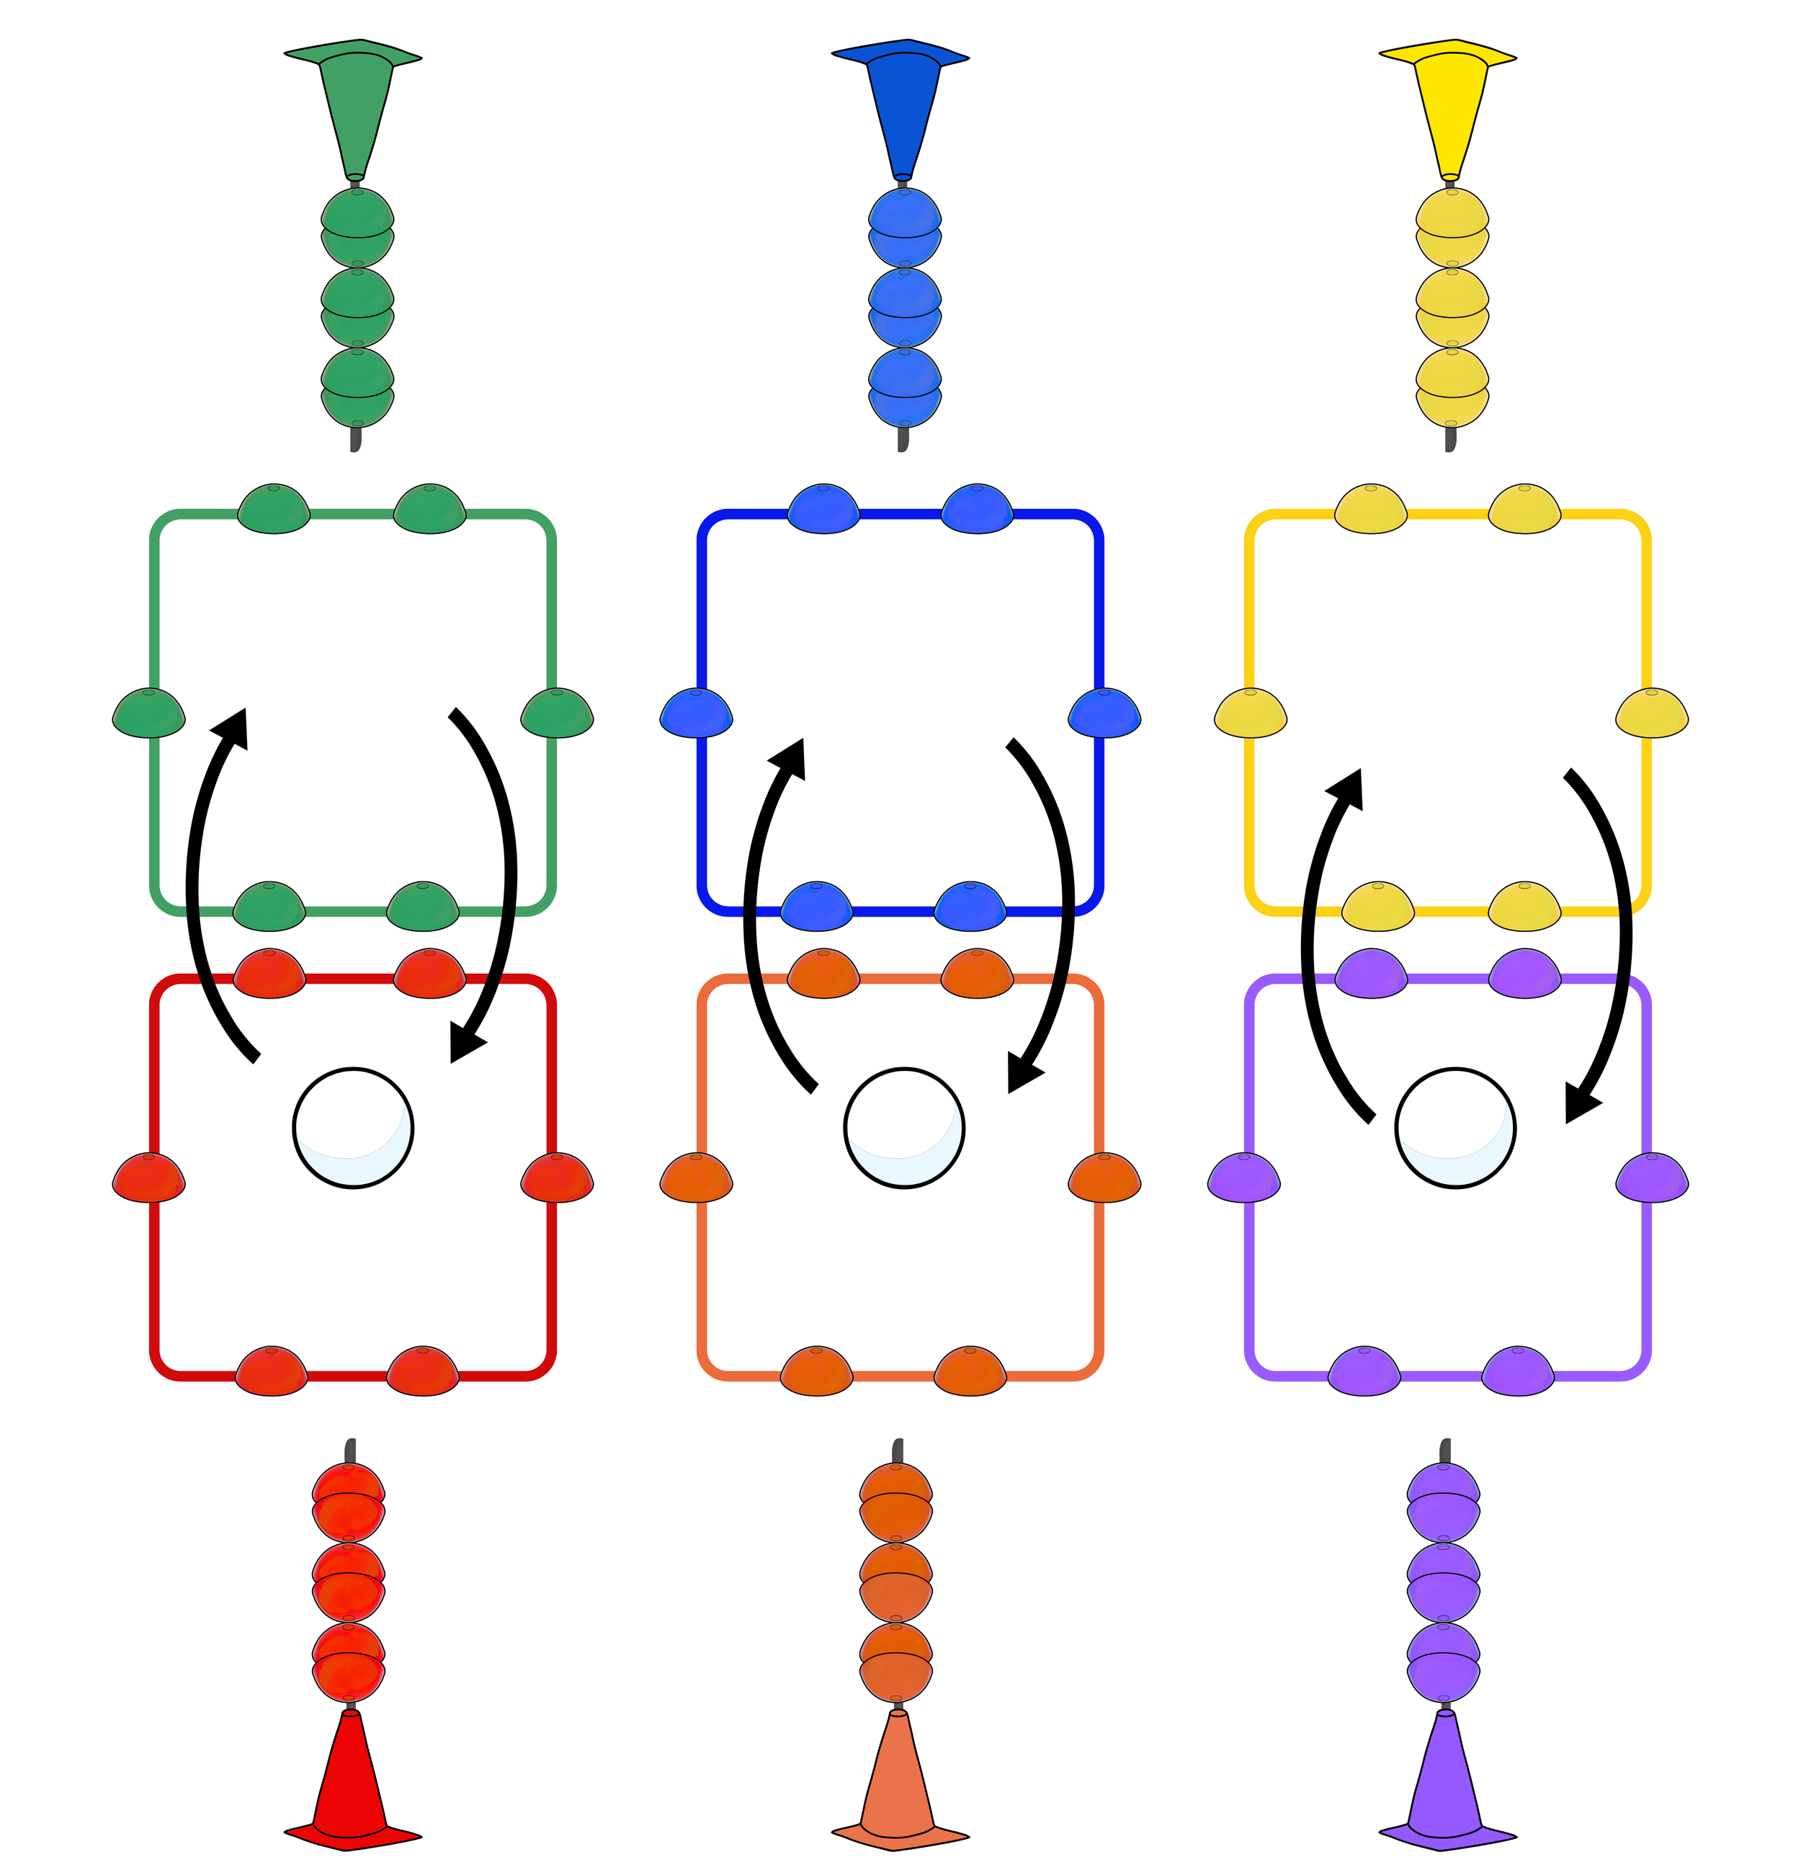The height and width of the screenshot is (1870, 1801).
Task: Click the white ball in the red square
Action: pyautogui.click(x=353, y=1128)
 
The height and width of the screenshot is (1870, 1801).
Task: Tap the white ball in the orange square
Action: pyautogui.click(x=903, y=1128)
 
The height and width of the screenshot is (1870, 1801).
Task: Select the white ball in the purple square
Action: pyautogui.click(x=1454, y=1128)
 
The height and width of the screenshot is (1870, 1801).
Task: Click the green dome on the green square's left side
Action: pyautogui.click(x=149, y=713)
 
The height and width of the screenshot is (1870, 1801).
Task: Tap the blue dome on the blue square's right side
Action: pyautogui.click(x=1104, y=713)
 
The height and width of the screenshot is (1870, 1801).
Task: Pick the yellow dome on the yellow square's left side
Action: pyautogui.click(x=1251, y=713)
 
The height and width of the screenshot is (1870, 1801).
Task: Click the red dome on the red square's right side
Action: pyautogui.click(x=557, y=1177)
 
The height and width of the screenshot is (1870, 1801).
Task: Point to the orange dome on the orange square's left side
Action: pyautogui.click(x=697, y=1177)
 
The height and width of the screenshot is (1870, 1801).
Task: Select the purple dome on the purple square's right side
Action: pyautogui.click(x=1652, y=1177)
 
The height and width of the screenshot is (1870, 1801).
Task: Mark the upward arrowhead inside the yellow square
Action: pyautogui.click(x=1347, y=789)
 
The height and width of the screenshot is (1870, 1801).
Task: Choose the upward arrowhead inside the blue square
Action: pyautogui.click(x=790, y=759)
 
